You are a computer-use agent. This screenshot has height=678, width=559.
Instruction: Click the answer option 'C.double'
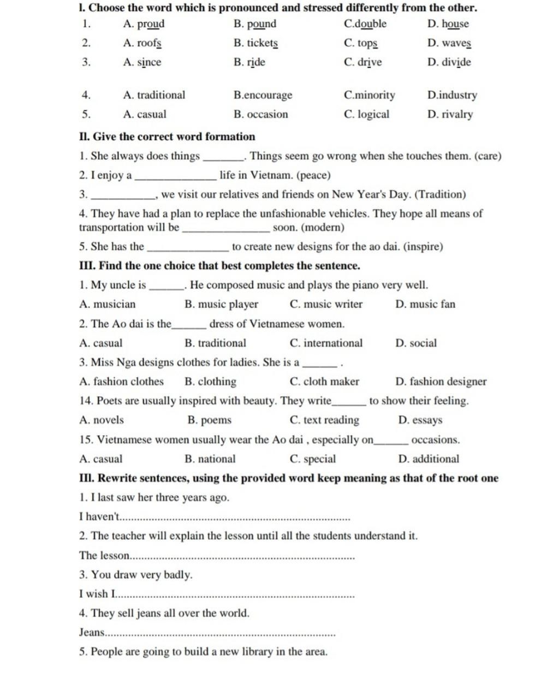pos(365,24)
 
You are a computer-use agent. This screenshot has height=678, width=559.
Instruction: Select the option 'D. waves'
pos(449,43)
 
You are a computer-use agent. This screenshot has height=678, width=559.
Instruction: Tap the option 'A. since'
pos(142,62)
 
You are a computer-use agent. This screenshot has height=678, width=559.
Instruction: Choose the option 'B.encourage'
pos(263,95)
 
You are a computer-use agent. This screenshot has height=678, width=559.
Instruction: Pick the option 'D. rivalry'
pos(450,115)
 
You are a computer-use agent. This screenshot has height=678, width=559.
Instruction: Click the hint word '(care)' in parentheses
pos(487,157)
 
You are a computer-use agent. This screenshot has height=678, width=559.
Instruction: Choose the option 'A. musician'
pos(107,305)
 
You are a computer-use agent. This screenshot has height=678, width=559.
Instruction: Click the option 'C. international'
pos(326,343)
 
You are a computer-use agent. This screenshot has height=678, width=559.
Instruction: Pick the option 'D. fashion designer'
pos(441,382)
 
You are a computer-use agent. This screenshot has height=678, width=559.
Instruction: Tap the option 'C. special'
pos(313,459)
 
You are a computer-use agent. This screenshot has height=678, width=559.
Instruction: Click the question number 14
pos(85,401)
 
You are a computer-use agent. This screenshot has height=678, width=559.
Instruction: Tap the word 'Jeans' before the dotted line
pos(91,633)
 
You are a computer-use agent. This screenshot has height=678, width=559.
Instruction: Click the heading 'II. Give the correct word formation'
pos(166,137)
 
